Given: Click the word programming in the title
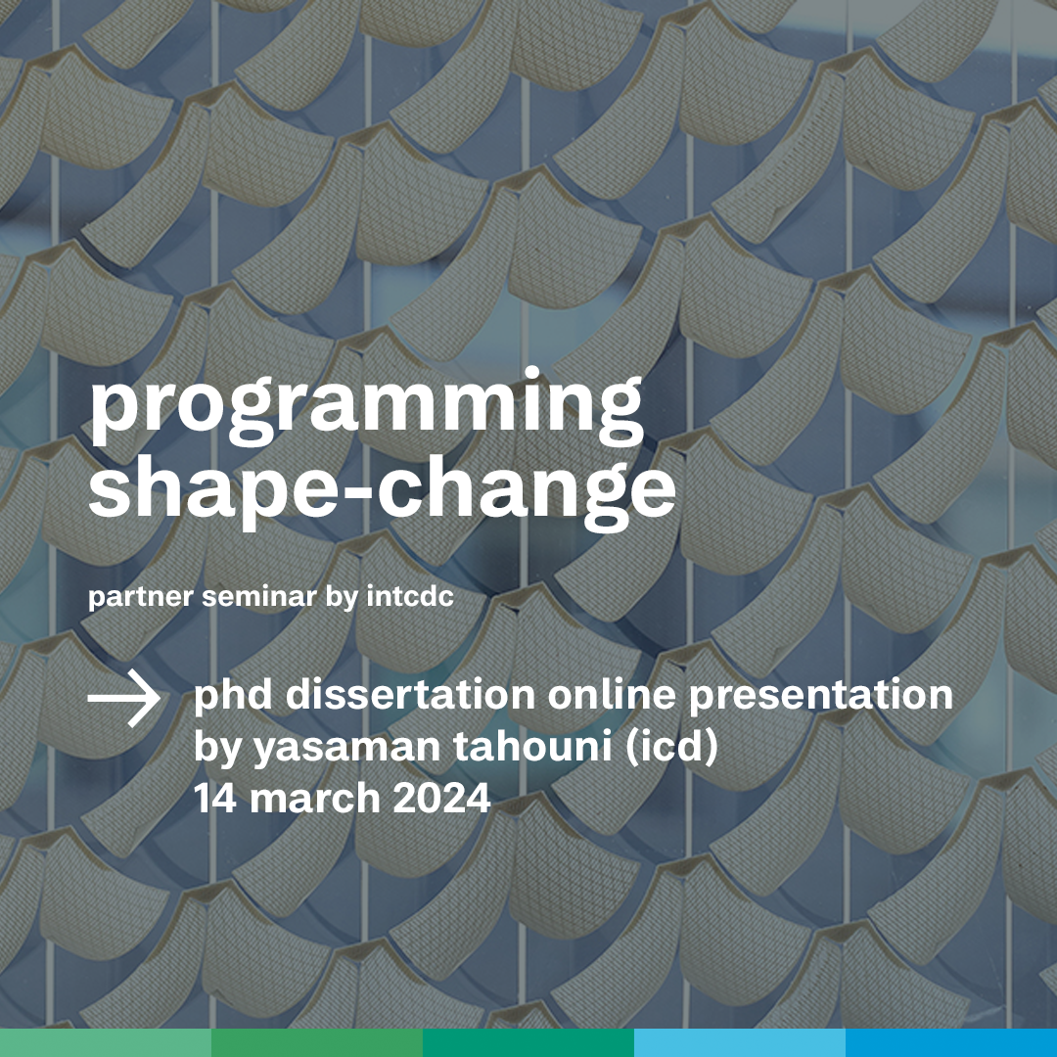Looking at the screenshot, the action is (366, 406).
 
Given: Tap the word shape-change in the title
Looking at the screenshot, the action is (382, 490).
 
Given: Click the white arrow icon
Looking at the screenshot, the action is (124, 699).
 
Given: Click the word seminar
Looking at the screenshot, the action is (259, 596).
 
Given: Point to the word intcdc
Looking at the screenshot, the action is (410, 596).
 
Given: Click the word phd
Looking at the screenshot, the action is (233, 695).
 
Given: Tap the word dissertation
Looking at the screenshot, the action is (410, 694).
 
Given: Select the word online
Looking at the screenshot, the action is (611, 694).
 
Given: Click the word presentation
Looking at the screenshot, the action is (820, 695).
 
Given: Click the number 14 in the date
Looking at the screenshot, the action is (215, 799).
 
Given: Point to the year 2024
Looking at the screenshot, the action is (441, 799).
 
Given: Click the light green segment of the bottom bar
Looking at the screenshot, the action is (106, 1043).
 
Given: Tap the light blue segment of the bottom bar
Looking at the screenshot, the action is (740, 1043).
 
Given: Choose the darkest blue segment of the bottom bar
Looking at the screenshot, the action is (951, 1043).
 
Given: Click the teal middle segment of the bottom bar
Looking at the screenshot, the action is (528, 1043).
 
